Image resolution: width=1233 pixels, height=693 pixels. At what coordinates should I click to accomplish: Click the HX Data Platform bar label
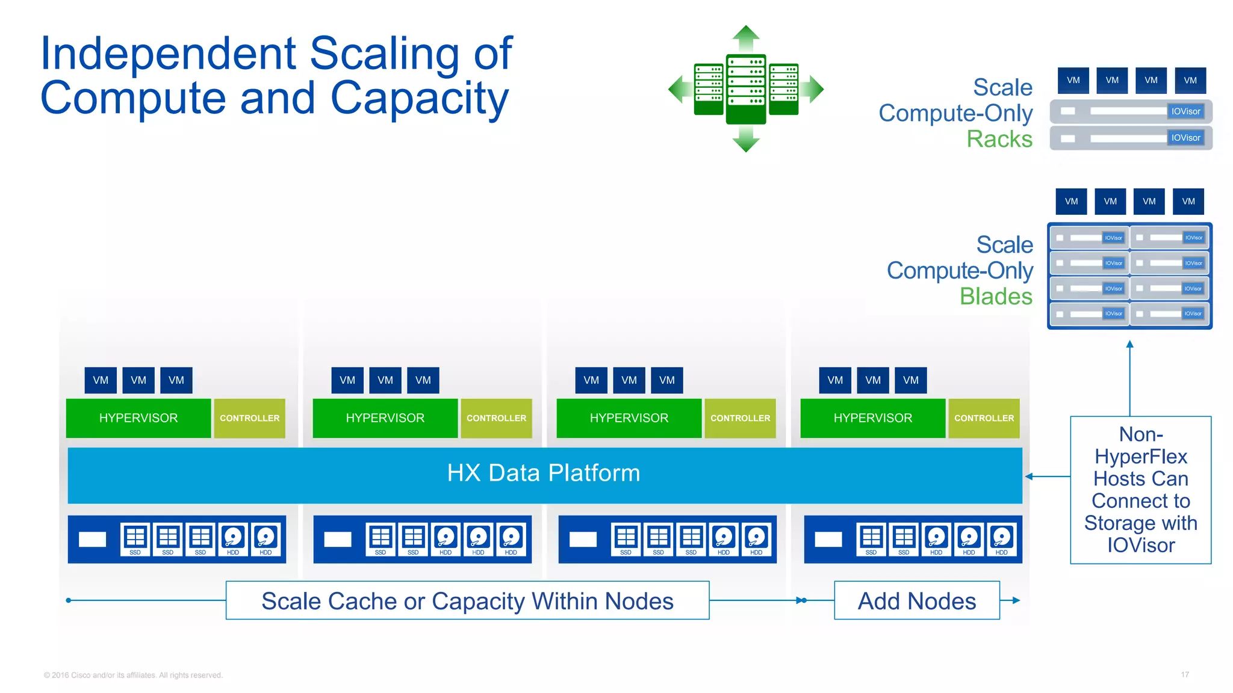(544, 473)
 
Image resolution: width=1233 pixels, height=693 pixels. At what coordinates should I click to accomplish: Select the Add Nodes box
(916, 600)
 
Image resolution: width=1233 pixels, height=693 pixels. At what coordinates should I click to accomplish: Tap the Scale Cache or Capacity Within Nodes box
(467, 600)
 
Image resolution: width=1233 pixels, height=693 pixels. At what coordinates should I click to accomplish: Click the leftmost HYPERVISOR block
(138, 418)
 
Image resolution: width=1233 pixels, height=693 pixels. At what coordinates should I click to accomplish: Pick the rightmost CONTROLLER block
(984, 418)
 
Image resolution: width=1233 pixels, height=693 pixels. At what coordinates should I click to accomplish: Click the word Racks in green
(999, 139)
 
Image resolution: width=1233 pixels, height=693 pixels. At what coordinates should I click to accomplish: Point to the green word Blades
(996, 297)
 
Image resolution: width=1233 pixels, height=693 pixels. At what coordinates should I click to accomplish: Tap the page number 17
(1184, 675)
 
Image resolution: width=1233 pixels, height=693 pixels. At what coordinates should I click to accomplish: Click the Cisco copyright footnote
(133, 675)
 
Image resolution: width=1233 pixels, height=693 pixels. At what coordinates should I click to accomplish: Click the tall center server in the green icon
(746, 89)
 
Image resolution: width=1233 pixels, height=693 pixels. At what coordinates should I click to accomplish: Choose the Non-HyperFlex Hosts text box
(1140, 490)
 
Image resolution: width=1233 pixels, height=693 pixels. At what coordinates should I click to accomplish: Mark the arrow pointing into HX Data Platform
(1030, 476)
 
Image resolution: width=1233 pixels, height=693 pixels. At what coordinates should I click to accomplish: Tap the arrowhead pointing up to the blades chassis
(1129, 345)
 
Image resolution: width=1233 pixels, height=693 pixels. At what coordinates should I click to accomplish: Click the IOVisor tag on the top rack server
(1185, 111)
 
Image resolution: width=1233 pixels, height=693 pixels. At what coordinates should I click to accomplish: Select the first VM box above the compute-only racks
(1073, 81)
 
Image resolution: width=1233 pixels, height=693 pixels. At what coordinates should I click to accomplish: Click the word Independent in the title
(168, 54)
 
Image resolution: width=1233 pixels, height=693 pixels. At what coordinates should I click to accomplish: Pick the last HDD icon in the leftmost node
(266, 539)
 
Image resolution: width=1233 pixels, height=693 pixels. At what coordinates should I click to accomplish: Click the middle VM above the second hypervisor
(385, 380)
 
